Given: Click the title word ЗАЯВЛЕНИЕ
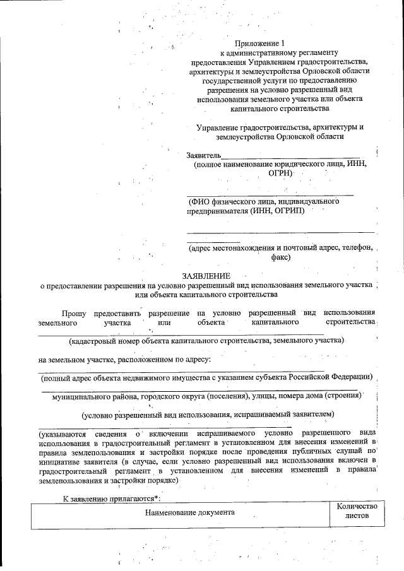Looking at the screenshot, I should click(x=206, y=276).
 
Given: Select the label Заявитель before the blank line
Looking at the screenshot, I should click(x=203, y=155).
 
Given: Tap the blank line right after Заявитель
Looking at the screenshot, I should click(x=290, y=156).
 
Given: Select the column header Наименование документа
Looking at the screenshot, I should click(x=189, y=512).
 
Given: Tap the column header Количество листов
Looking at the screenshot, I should click(x=357, y=510).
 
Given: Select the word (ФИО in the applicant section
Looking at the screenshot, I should click(x=201, y=201).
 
